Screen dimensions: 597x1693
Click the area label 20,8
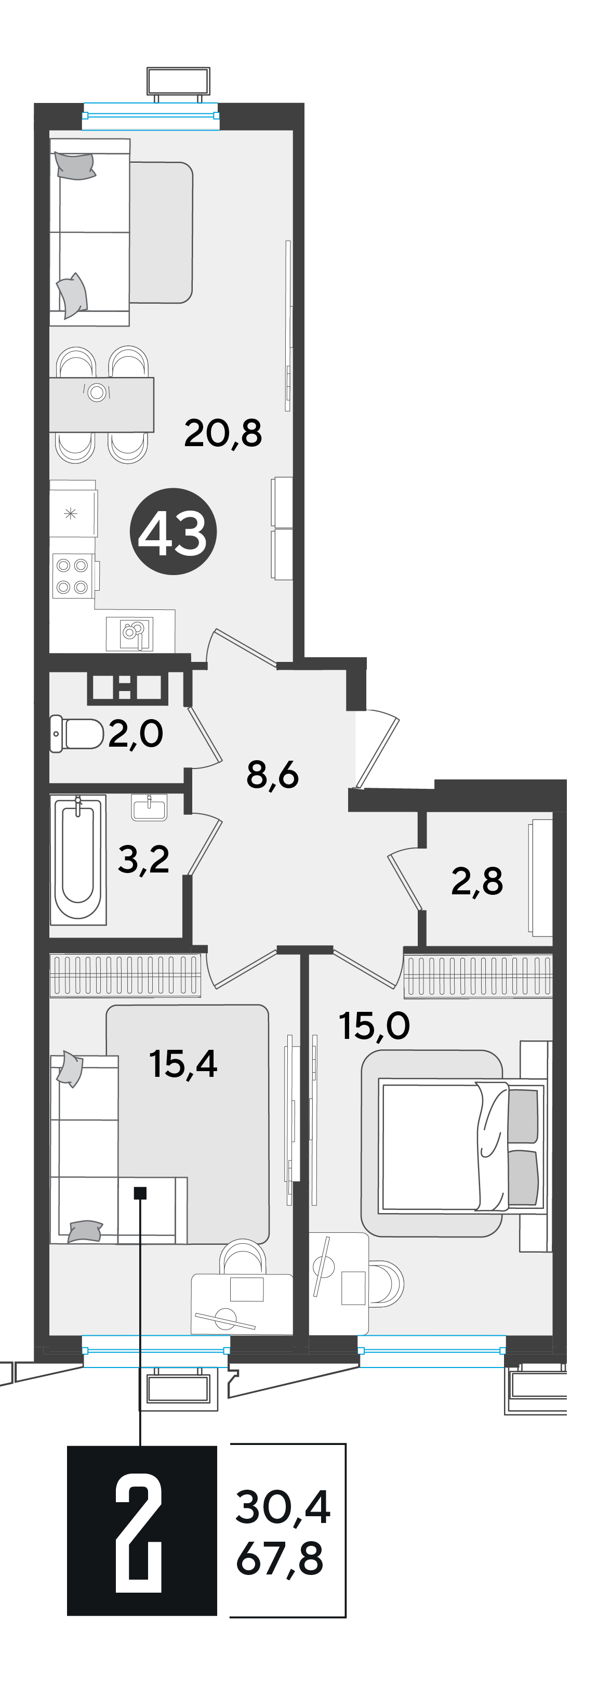223,433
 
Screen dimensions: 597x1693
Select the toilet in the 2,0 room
76,734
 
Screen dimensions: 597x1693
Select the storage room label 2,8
477,881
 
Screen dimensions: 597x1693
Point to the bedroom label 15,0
374,1025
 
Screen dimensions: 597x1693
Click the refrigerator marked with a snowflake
73,513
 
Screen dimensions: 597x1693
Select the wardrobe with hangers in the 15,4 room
125,974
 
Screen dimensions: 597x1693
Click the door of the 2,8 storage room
404,879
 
